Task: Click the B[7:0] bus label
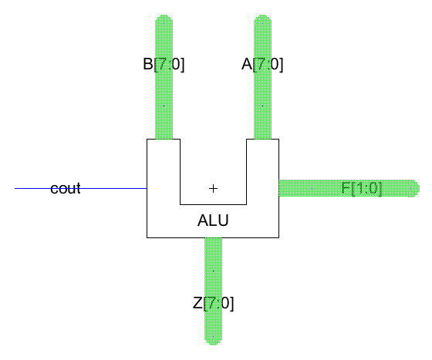tap(164, 65)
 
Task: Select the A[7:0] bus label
tap(262, 65)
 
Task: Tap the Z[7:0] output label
tap(213, 303)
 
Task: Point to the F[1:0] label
tap(361, 188)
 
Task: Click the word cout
tap(66, 188)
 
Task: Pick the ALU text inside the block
tap(213, 221)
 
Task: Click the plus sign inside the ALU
tap(214, 188)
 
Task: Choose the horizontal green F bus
tap(316, 188)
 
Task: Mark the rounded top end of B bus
tap(164, 19)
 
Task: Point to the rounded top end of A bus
tap(263, 19)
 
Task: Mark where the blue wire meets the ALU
tap(147, 188)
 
